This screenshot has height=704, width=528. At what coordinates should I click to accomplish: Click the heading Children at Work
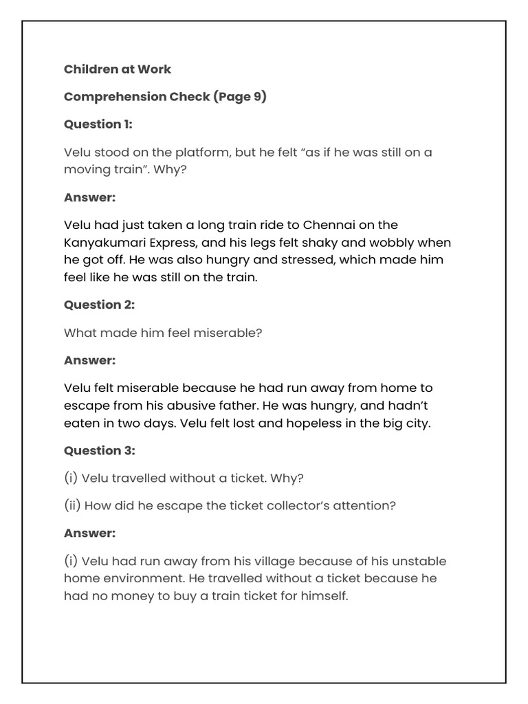tap(118, 69)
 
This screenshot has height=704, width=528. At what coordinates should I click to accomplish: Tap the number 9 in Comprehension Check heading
tap(254, 96)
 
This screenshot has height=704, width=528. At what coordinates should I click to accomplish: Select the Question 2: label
tap(99, 305)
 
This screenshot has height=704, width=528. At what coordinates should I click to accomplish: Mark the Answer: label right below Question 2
tap(89, 360)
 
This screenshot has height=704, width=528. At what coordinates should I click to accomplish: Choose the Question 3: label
tap(99, 450)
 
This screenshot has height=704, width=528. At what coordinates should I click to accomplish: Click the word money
tap(124, 596)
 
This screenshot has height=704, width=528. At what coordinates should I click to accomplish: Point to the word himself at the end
tap(324, 596)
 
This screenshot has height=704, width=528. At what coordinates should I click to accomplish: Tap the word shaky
tap(330, 243)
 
